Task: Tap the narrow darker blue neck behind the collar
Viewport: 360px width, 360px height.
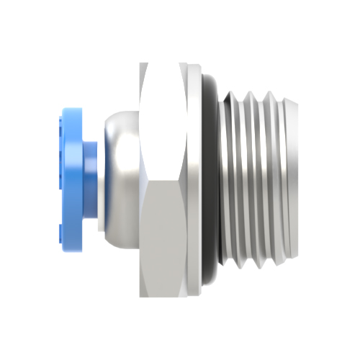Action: click(x=91, y=173)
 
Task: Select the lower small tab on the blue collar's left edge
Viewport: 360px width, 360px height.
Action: click(x=58, y=230)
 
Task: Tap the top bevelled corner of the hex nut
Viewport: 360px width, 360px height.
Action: click(x=147, y=68)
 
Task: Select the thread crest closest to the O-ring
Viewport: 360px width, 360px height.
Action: click(x=232, y=180)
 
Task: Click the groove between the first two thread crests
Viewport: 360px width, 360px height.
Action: click(x=243, y=180)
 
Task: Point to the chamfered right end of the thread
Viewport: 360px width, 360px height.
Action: click(x=291, y=180)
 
